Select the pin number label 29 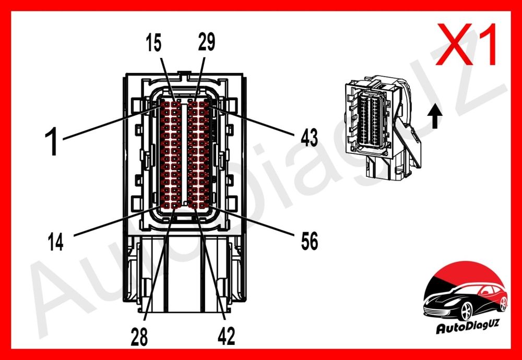206,42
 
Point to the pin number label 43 309,138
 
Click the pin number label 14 56,242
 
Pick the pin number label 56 309,241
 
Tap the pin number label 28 139,336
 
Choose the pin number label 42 227,336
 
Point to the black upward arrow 435,116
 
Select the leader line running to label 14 116,221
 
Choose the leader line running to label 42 209,263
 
